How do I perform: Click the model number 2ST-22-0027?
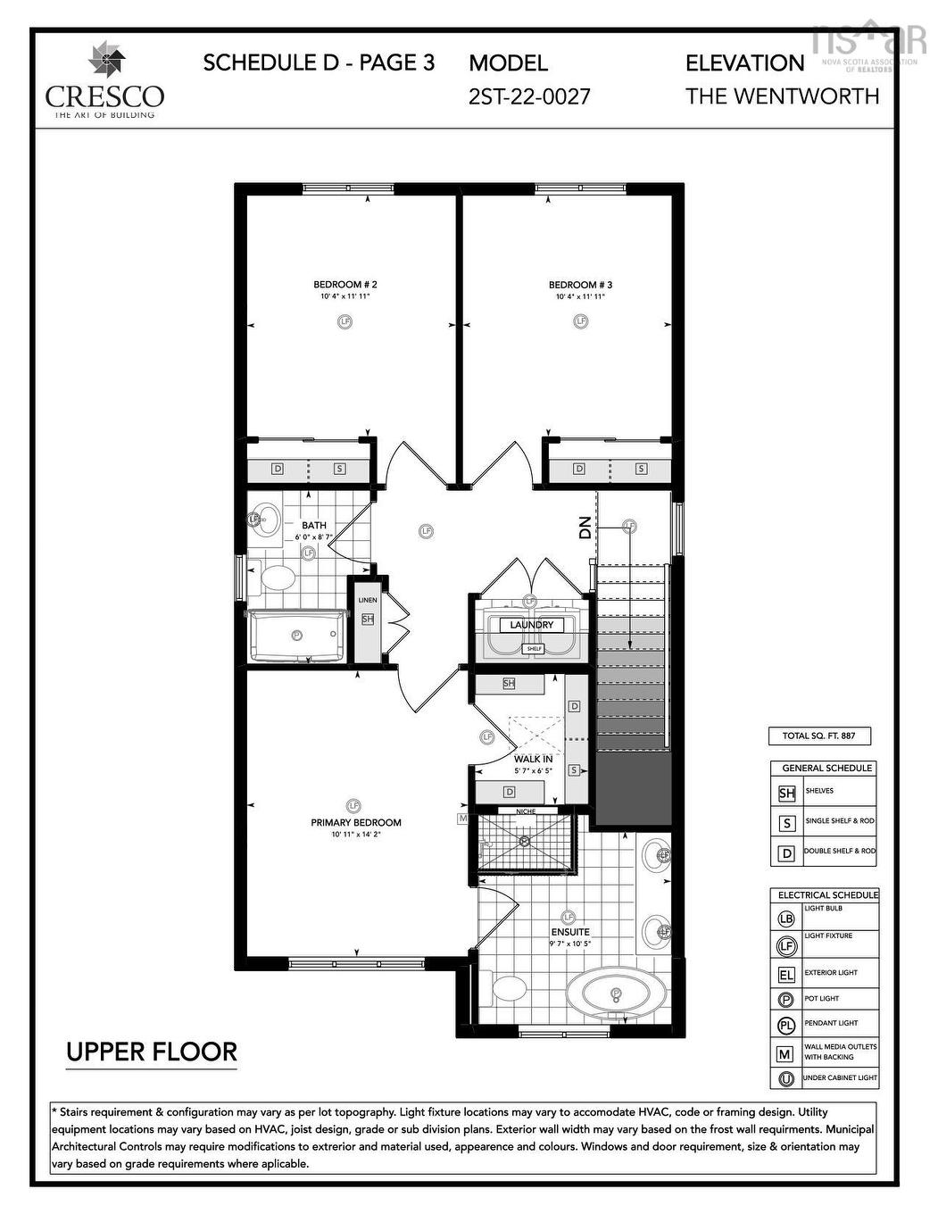point(529,96)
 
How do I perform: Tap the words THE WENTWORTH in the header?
point(782,96)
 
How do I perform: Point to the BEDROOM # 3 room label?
point(580,285)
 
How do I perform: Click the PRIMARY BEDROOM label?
point(355,822)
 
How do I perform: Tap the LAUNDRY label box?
point(531,625)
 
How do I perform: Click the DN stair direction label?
point(585,528)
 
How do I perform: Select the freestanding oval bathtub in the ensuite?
point(616,993)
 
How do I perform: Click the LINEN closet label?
point(368,600)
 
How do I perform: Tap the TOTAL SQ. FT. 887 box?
point(818,736)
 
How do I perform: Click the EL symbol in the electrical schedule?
point(786,974)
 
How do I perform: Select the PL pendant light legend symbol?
point(786,1025)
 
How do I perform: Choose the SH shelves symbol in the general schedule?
point(786,793)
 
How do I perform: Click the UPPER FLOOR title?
point(152,1052)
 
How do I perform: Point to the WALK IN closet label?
point(533,759)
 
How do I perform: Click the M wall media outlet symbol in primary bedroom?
point(462,818)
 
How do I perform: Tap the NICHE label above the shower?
point(527,811)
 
